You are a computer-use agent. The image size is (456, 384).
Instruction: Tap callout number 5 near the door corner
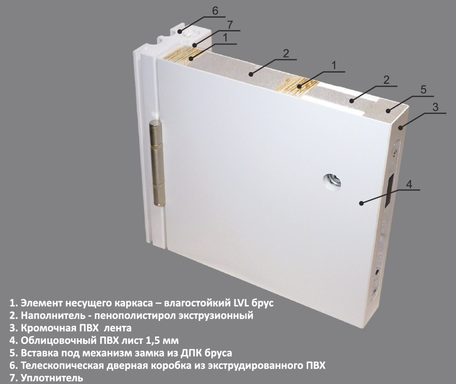[423, 89]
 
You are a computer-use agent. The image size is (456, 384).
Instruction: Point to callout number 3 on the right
[435, 107]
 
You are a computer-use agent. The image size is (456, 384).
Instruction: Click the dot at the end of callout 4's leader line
[361, 203]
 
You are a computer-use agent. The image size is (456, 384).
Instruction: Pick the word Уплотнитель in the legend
[48, 378]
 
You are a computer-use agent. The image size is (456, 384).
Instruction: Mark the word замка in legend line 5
[155, 353]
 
